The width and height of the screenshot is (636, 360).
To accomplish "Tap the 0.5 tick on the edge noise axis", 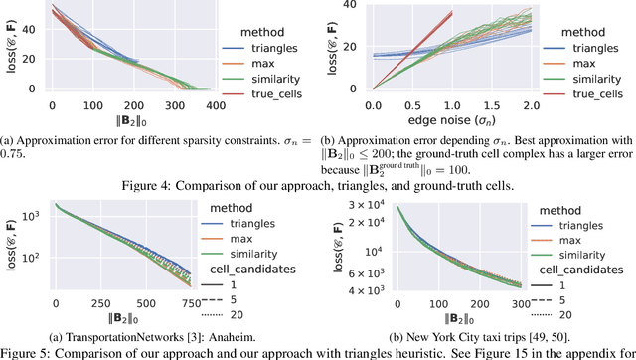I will point(407,106).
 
